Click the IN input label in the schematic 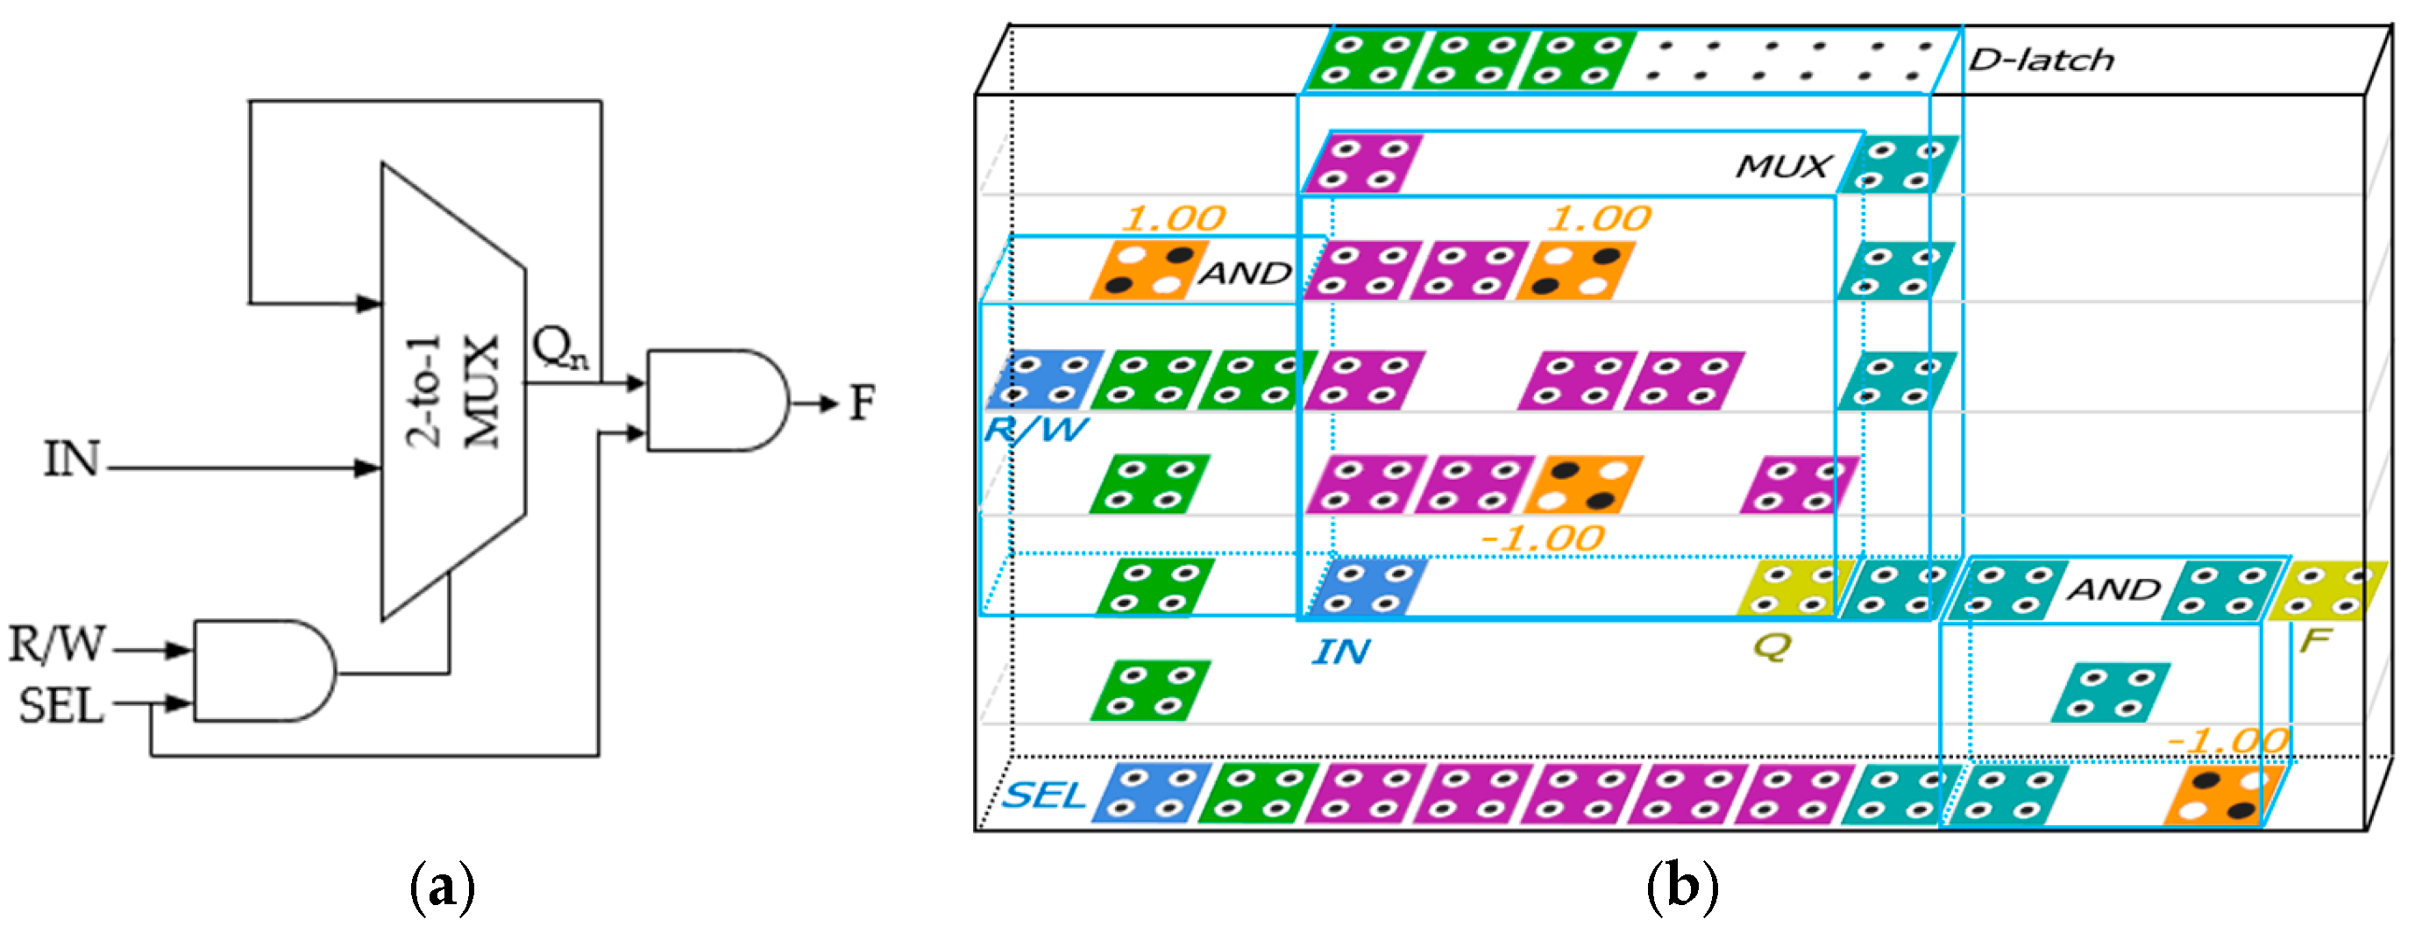pos(71,460)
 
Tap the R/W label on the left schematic pos(56,646)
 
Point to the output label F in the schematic pos(862,403)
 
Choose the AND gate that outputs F pos(717,401)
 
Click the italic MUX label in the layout pos(1782,167)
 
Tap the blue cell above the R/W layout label pos(1042,380)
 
